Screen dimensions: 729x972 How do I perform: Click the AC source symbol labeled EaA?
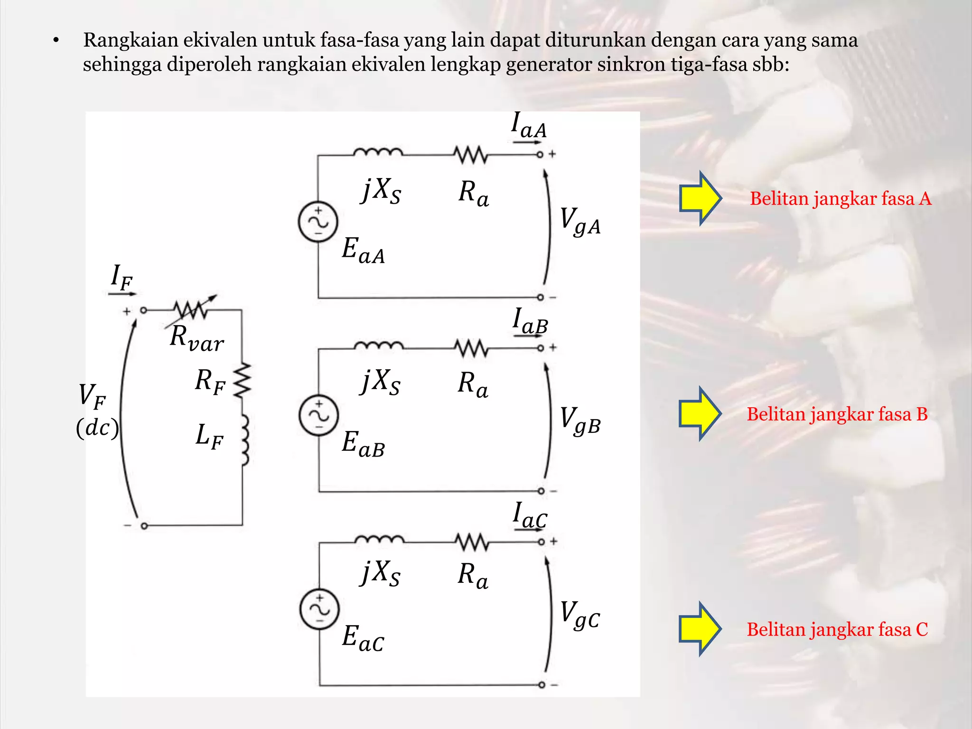pyautogui.click(x=318, y=222)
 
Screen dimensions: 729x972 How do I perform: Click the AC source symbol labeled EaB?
pyautogui.click(x=319, y=415)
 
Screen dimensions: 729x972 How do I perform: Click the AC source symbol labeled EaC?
pyautogui.click(x=320, y=609)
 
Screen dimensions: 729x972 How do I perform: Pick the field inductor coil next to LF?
pyautogui.click(x=244, y=440)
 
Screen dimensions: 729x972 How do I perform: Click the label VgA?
pyautogui.click(x=580, y=221)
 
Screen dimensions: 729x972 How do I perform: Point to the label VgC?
pyautogui.click(x=580, y=615)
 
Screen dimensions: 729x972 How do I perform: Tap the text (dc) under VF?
pyautogui.click(x=97, y=428)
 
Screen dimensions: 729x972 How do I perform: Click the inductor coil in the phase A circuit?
pyautogui.click(x=378, y=152)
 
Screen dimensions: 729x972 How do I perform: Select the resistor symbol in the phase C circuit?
pyautogui.click(x=472, y=542)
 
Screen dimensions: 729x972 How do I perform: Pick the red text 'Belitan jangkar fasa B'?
pyautogui.click(x=837, y=414)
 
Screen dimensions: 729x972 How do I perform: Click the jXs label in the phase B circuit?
pyautogui.click(x=381, y=382)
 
